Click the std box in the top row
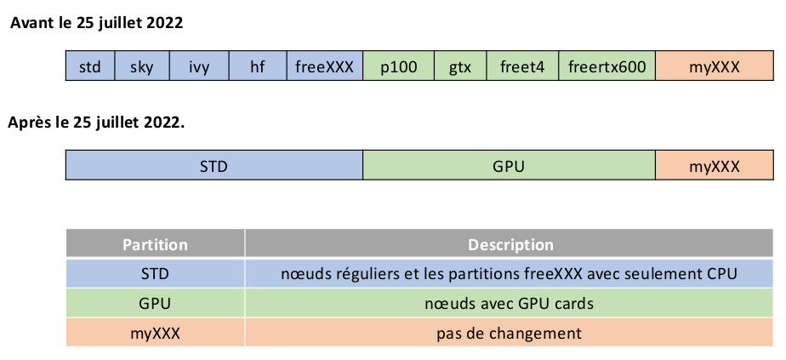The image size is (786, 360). [x=89, y=66]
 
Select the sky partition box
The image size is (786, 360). [x=142, y=66]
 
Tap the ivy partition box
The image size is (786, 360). [x=199, y=66]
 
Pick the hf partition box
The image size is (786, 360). [x=258, y=66]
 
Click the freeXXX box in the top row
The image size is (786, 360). [x=324, y=66]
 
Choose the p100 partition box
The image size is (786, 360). [x=398, y=66]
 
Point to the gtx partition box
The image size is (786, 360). [x=459, y=66]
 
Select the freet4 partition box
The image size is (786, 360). [x=521, y=66]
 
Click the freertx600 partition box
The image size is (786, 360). [x=607, y=66]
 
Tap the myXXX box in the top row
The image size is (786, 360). [x=714, y=66]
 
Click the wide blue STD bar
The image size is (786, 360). [x=214, y=166]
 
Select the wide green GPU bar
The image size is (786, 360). [x=509, y=166]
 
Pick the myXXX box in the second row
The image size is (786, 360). [x=714, y=166]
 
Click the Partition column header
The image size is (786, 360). [x=155, y=245]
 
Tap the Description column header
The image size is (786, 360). [x=510, y=245]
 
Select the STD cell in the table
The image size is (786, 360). [x=155, y=274]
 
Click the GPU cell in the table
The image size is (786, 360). [x=155, y=303]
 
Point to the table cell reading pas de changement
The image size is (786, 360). [x=510, y=333]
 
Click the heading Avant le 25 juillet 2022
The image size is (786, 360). [x=96, y=23]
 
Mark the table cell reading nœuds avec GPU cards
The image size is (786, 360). [x=510, y=303]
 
